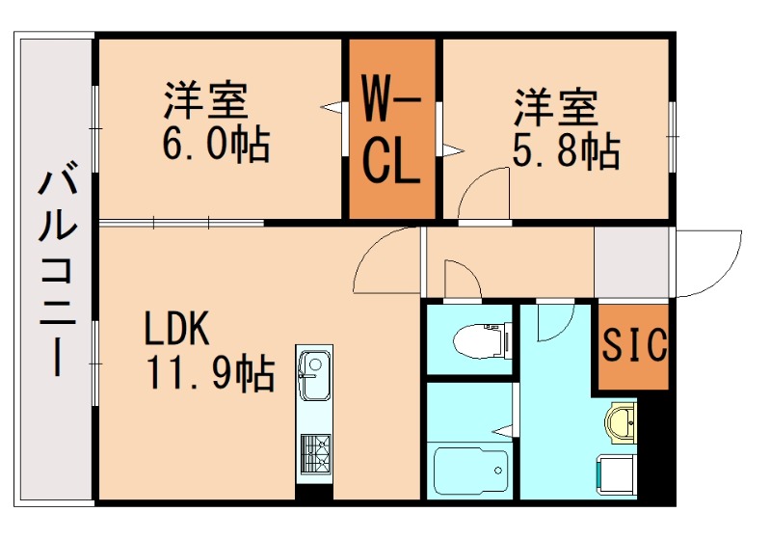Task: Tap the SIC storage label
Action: point(635,345)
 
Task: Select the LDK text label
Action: point(177,330)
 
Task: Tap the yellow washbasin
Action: point(622,421)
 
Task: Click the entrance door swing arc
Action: point(708,262)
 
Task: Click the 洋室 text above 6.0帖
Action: point(204,100)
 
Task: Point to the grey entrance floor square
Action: point(632,262)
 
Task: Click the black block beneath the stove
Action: point(314,491)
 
